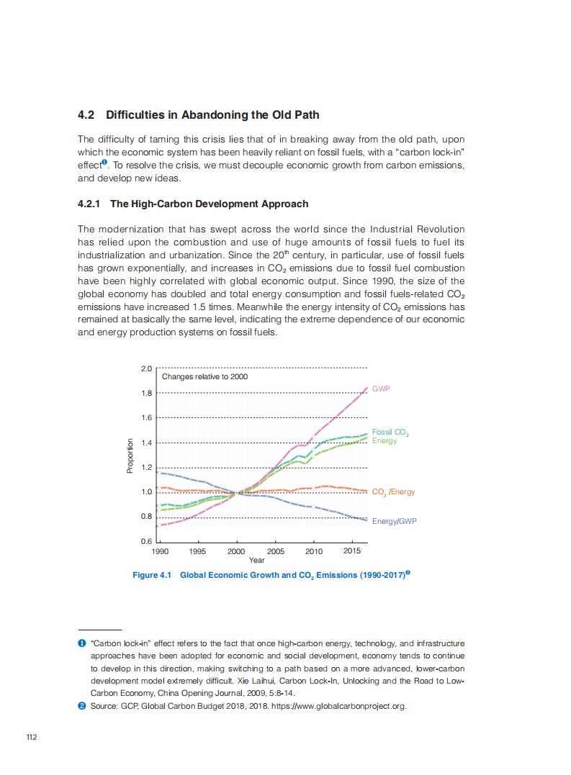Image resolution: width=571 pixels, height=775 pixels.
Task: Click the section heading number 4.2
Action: point(86,115)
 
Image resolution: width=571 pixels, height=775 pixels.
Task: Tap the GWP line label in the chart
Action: point(381,389)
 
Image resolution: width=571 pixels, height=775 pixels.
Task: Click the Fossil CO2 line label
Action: point(390,432)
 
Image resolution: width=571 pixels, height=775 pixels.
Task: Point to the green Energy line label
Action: point(384,440)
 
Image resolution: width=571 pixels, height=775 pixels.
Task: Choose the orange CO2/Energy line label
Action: point(393,492)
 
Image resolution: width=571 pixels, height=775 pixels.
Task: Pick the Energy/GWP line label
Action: point(394,520)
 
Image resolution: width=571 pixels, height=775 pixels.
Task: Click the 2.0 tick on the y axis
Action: point(147,368)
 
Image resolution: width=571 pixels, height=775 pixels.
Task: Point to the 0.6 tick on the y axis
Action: point(147,541)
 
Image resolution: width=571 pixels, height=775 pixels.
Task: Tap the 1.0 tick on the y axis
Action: point(147,492)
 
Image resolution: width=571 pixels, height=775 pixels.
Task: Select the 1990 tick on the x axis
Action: point(160,551)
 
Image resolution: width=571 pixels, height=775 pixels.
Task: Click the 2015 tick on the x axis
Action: point(352,551)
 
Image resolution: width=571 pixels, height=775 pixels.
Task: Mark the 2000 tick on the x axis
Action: point(236,551)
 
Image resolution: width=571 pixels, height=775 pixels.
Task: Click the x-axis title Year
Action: point(256,560)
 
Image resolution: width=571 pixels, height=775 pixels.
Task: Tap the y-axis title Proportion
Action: point(130,456)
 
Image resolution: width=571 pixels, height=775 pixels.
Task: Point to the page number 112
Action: point(31,738)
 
